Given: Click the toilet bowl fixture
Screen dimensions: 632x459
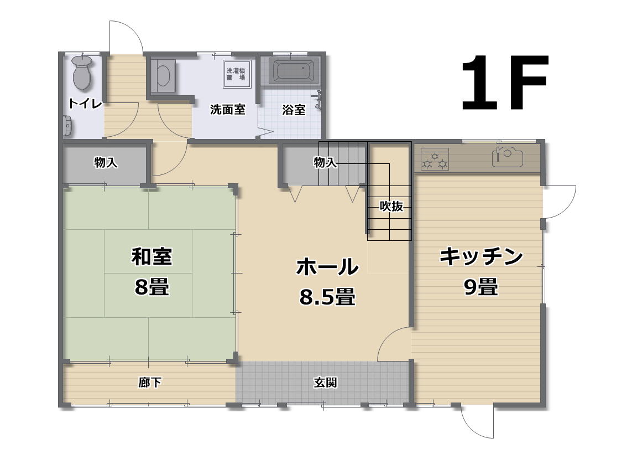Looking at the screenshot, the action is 82,73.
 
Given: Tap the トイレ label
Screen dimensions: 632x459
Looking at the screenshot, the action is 85,104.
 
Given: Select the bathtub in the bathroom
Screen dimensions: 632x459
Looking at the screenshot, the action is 294,71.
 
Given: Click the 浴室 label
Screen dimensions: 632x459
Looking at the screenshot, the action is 294,110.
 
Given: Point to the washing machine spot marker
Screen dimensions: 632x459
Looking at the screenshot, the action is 237,74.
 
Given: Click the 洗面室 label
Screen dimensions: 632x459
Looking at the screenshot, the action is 227,110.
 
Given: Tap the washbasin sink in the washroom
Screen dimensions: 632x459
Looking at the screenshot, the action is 163,75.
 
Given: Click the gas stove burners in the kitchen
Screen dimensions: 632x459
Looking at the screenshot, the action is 435,159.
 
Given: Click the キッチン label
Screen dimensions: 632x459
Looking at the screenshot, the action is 481,256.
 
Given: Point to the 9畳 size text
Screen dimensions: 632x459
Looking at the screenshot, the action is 481,287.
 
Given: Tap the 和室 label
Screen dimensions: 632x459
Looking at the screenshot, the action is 152,256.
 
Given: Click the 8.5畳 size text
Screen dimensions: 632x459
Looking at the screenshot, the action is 327,297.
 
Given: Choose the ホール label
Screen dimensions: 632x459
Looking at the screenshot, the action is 327,267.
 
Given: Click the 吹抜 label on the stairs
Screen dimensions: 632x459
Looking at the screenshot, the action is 391,207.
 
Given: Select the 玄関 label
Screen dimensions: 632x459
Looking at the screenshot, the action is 325,382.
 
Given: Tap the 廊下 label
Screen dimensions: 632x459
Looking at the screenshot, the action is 150,382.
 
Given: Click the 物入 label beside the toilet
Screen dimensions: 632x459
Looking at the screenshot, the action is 106,162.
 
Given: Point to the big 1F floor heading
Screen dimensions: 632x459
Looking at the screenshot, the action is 505,82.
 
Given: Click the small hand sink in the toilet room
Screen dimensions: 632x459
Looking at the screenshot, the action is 67,126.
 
